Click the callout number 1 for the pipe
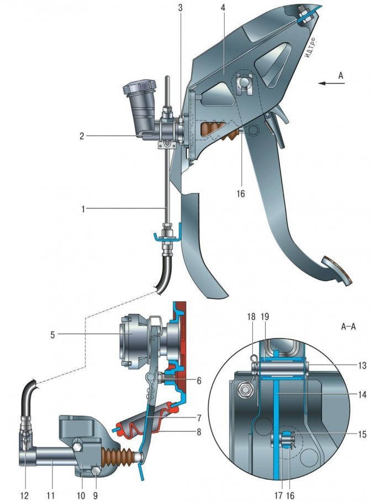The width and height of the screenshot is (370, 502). tap(83, 209)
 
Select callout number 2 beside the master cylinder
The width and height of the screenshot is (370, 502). tap(82, 136)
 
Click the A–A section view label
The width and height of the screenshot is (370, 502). tap(348, 327)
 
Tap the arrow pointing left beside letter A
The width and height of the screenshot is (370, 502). tap(331, 83)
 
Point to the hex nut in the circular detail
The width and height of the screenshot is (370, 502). tap(246, 389)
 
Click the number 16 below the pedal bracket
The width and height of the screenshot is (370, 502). tap(240, 193)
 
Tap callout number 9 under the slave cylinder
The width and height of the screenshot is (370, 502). tap(95, 495)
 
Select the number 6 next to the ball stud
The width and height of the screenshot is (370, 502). tap(199, 381)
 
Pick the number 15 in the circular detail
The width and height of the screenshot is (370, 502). tap(362, 434)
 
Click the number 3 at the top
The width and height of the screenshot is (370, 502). tap(181, 8)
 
